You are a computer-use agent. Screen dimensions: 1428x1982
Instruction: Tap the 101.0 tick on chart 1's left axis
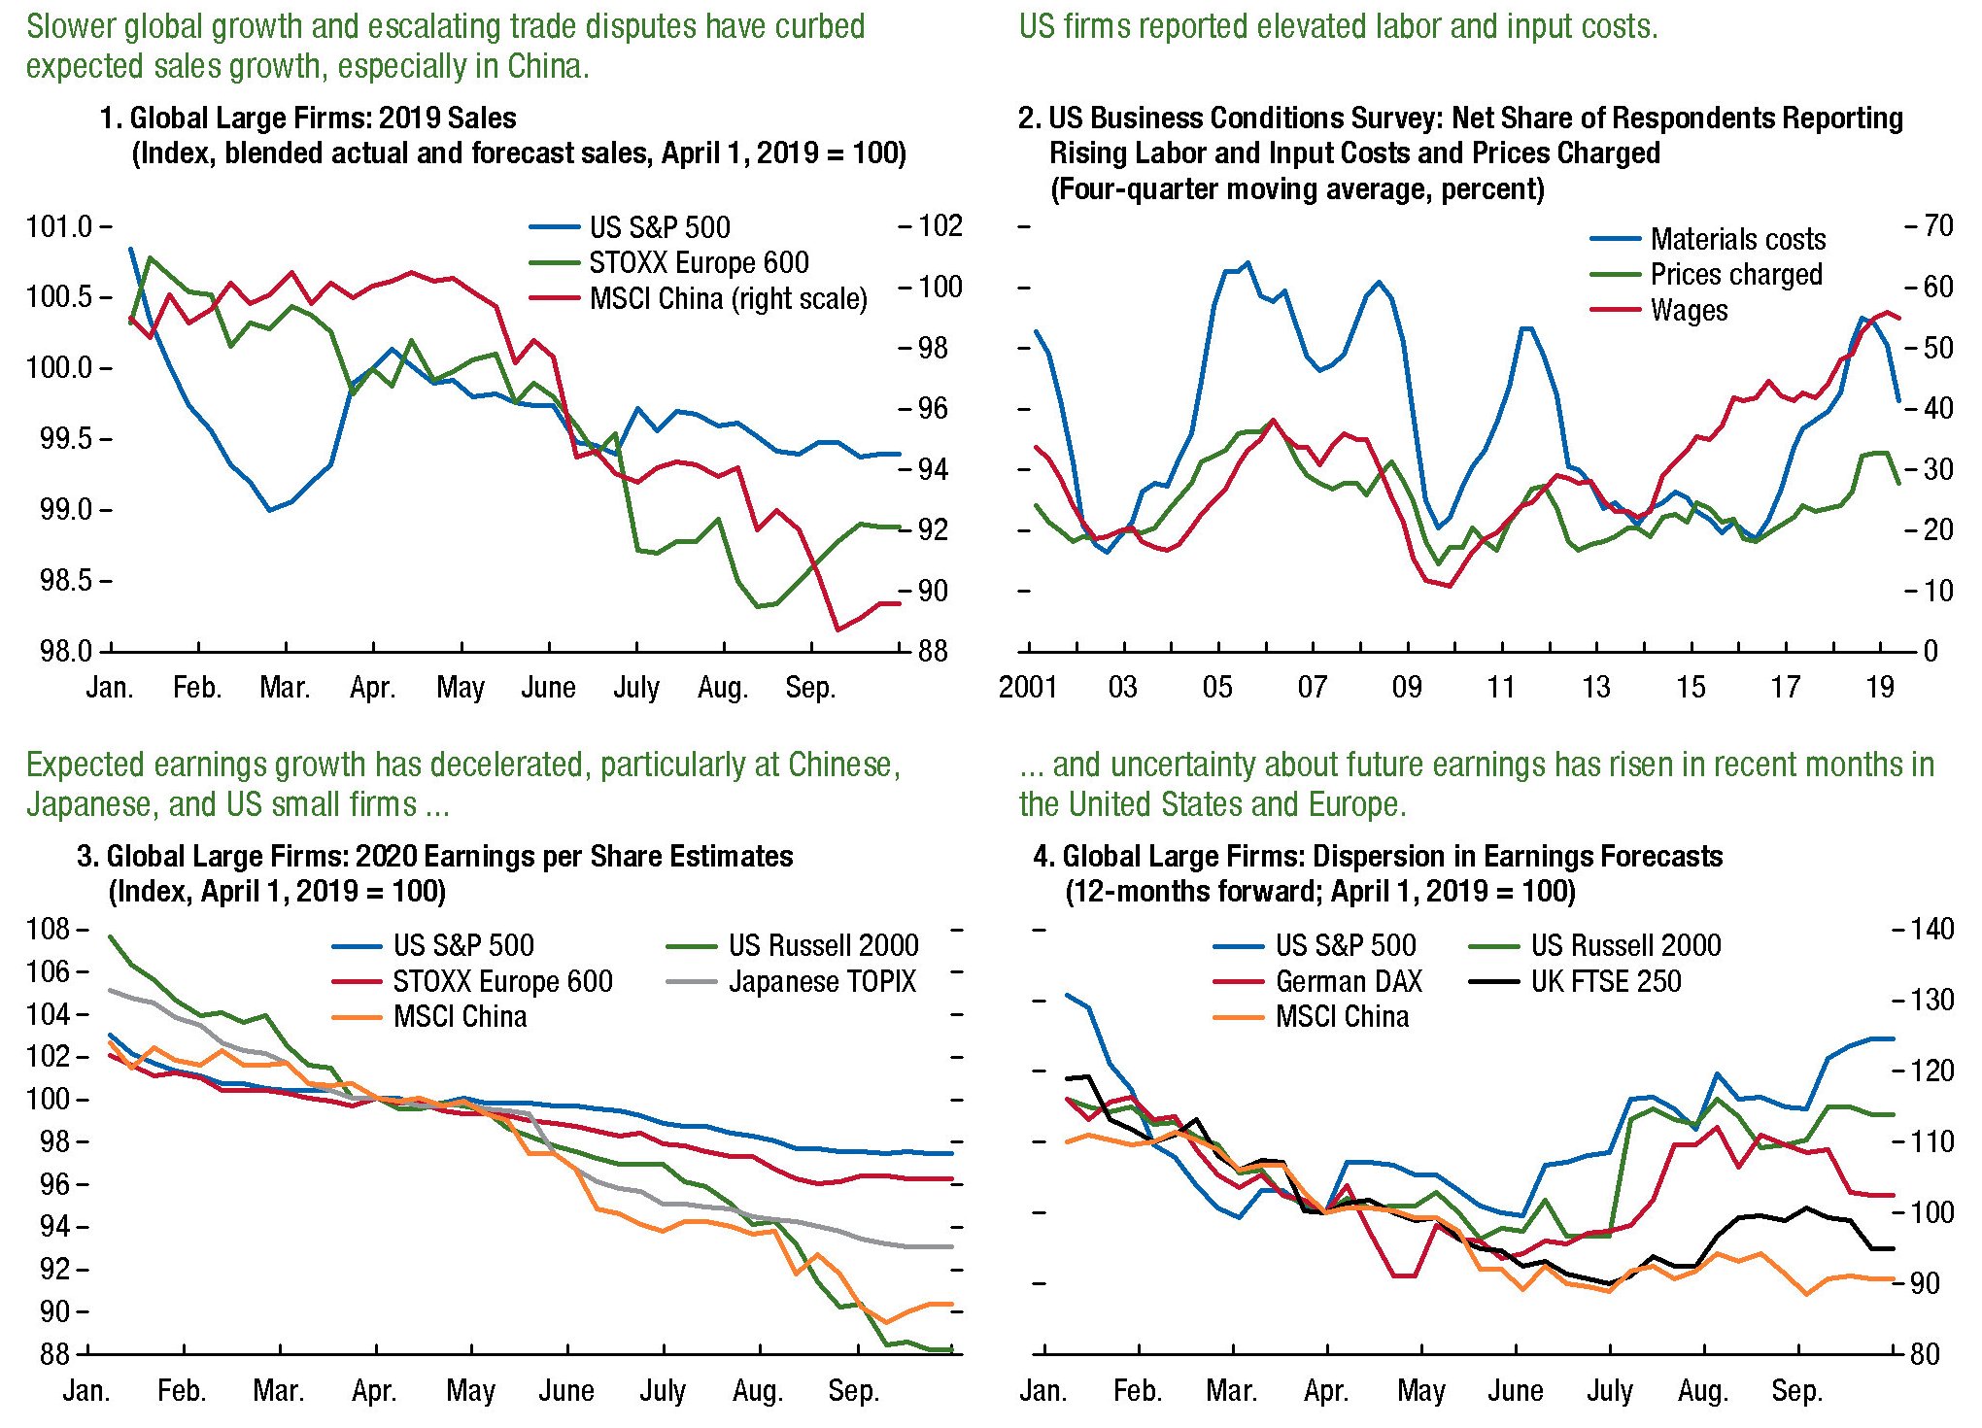pos(58,227)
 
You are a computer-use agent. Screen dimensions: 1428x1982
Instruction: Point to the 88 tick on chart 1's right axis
pos(933,651)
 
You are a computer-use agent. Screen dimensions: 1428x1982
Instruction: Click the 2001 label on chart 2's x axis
pos(1028,688)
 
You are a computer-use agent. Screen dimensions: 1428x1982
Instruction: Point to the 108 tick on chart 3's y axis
pos(48,930)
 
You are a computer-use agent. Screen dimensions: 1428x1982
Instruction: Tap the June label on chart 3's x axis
pos(566,1391)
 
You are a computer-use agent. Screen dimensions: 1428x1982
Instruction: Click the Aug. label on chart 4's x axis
pos(1702,1391)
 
